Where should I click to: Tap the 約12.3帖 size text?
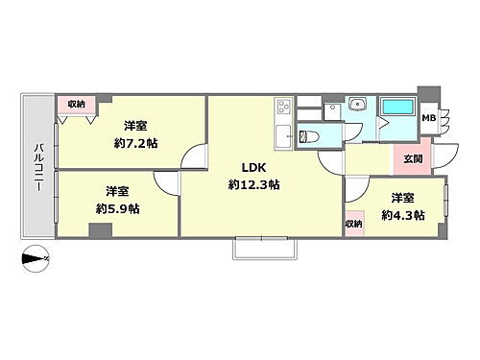coord(252,183)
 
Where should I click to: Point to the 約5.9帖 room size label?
coord(117,207)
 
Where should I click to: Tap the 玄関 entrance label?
coord(413,159)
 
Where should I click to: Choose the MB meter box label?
coord(428,119)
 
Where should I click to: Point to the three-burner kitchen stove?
coord(284,108)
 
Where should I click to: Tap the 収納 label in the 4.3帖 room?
coord(354,224)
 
